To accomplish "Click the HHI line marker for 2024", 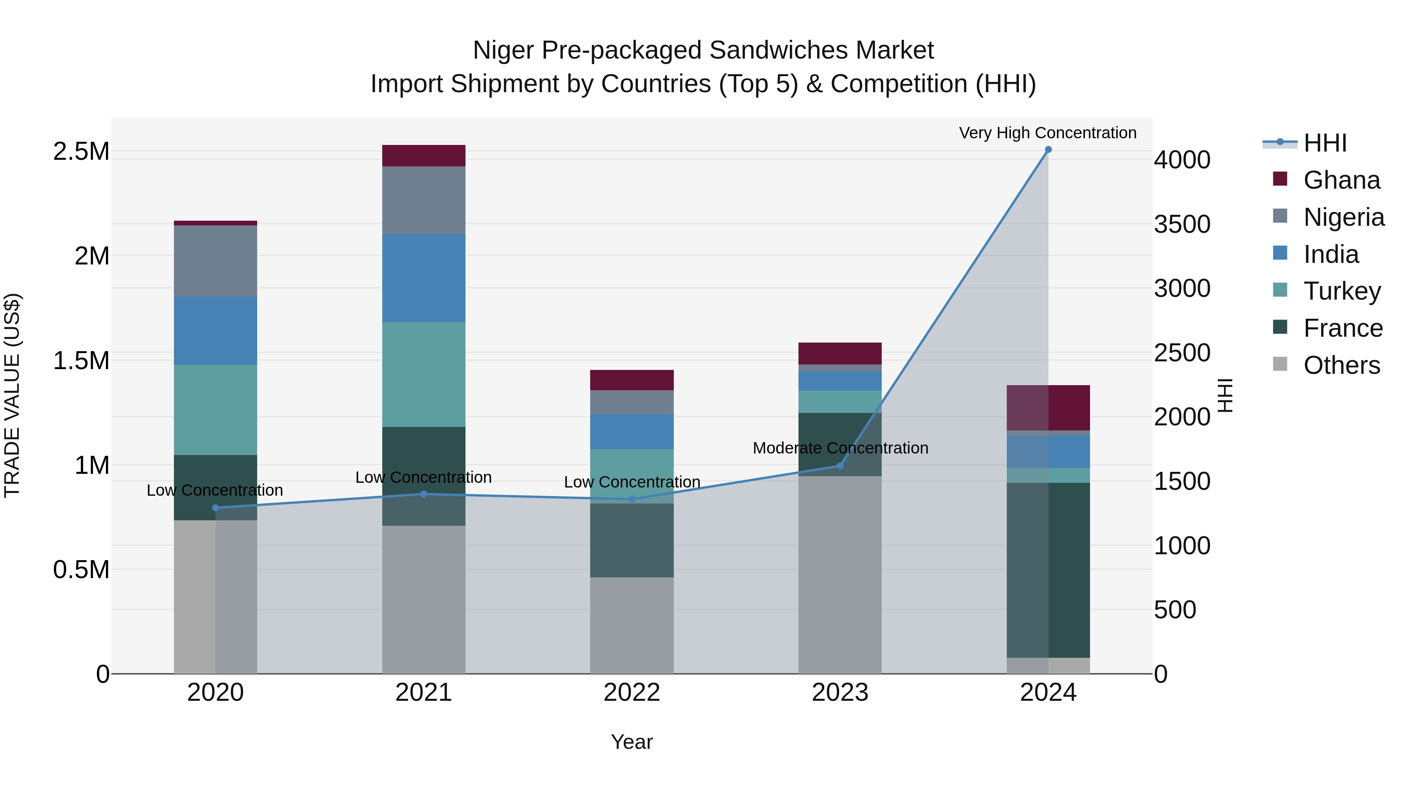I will pyautogui.click(x=1047, y=150).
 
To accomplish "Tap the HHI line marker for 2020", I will pyautogui.click(x=215, y=508).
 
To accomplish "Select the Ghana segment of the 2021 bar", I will pyautogui.click(x=423, y=155).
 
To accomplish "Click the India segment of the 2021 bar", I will pyautogui.click(x=423, y=278).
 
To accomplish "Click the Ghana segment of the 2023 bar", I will pyautogui.click(x=840, y=353).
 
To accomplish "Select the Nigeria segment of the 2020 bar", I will pyautogui.click(x=215, y=261).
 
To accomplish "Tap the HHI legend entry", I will pyautogui.click(x=1325, y=143).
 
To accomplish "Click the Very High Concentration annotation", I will pyautogui.click(x=1047, y=133).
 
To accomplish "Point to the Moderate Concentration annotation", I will pyautogui.click(x=840, y=448).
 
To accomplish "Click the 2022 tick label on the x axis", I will pyautogui.click(x=632, y=693).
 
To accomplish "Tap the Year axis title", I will pyautogui.click(x=632, y=742).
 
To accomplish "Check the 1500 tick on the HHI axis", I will pyautogui.click(x=1182, y=482).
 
